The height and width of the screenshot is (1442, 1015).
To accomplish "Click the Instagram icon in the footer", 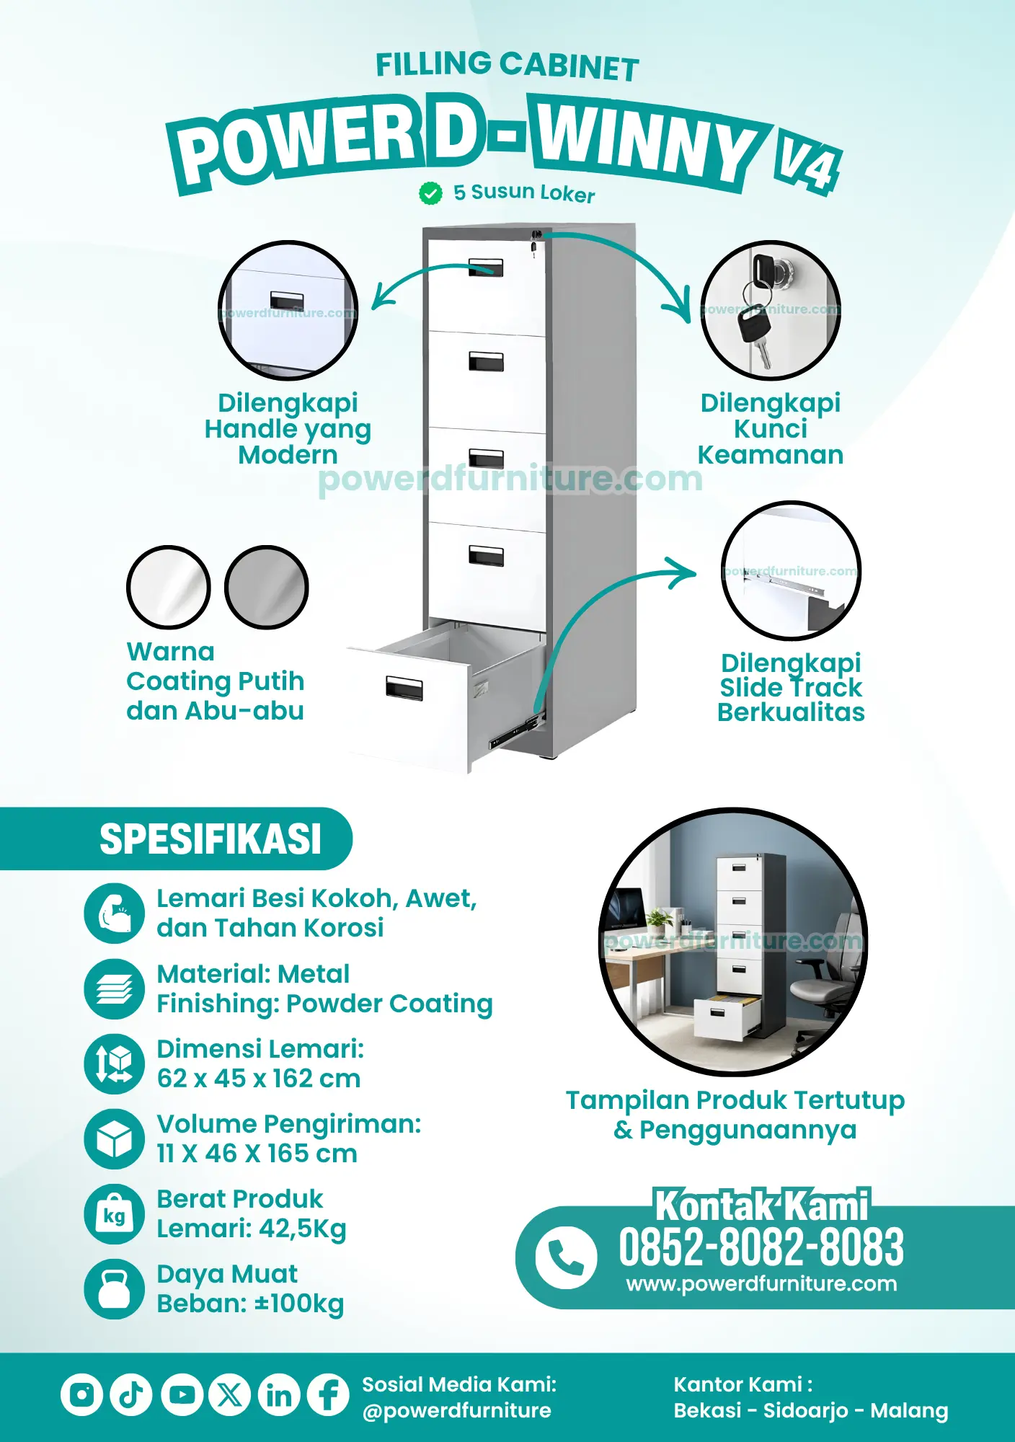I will coord(81,1394).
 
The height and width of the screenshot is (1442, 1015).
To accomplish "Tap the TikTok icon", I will coord(131,1394).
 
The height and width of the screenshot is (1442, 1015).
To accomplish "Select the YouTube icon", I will coord(182,1394).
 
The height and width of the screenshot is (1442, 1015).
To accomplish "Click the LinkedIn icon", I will coord(279,1394).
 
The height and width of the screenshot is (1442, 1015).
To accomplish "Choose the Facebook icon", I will coord(329,1394).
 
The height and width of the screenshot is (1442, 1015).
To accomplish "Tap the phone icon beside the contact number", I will coord(566,1257).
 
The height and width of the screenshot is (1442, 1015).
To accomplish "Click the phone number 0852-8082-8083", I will coord(761,1247).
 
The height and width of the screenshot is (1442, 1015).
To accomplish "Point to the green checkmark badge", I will coord(430,193).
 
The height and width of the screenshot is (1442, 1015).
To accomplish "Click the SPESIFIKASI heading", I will coord(210,839).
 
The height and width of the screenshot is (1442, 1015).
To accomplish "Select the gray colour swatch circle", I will coord(267,587).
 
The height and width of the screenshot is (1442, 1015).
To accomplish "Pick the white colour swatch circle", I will coord(169,587).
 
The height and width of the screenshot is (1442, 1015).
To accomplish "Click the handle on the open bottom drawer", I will coord(404,688).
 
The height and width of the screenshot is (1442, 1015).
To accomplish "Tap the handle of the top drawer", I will coord(486,267).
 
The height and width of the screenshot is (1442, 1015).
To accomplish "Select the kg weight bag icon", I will coord(114,1214).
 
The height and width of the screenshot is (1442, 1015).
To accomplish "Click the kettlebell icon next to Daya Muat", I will coord(114,1289).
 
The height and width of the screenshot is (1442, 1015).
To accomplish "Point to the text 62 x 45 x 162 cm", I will coord(259,1079).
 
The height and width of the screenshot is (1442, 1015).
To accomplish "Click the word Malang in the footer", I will coord(909,1410).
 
